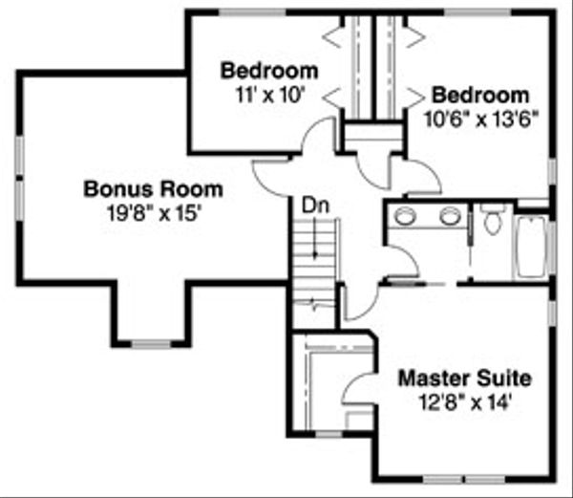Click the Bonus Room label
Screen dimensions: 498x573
[152, 188]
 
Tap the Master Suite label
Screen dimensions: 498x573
[464, 378]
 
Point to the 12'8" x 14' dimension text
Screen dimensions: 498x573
[464, 401]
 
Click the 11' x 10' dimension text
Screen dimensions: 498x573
[269, 95]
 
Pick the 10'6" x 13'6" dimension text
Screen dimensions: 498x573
[480, 119]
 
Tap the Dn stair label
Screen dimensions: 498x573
[312, 205]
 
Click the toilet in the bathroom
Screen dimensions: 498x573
[493, 220]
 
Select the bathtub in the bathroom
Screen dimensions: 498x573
[530, 247]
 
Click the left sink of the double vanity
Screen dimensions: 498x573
[406, 215]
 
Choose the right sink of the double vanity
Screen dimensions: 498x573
[450, 215]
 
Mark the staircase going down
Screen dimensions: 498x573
[314, 256]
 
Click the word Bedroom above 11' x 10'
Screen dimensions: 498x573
[269, 71]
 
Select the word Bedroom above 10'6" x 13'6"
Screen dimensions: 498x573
[480, 96]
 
